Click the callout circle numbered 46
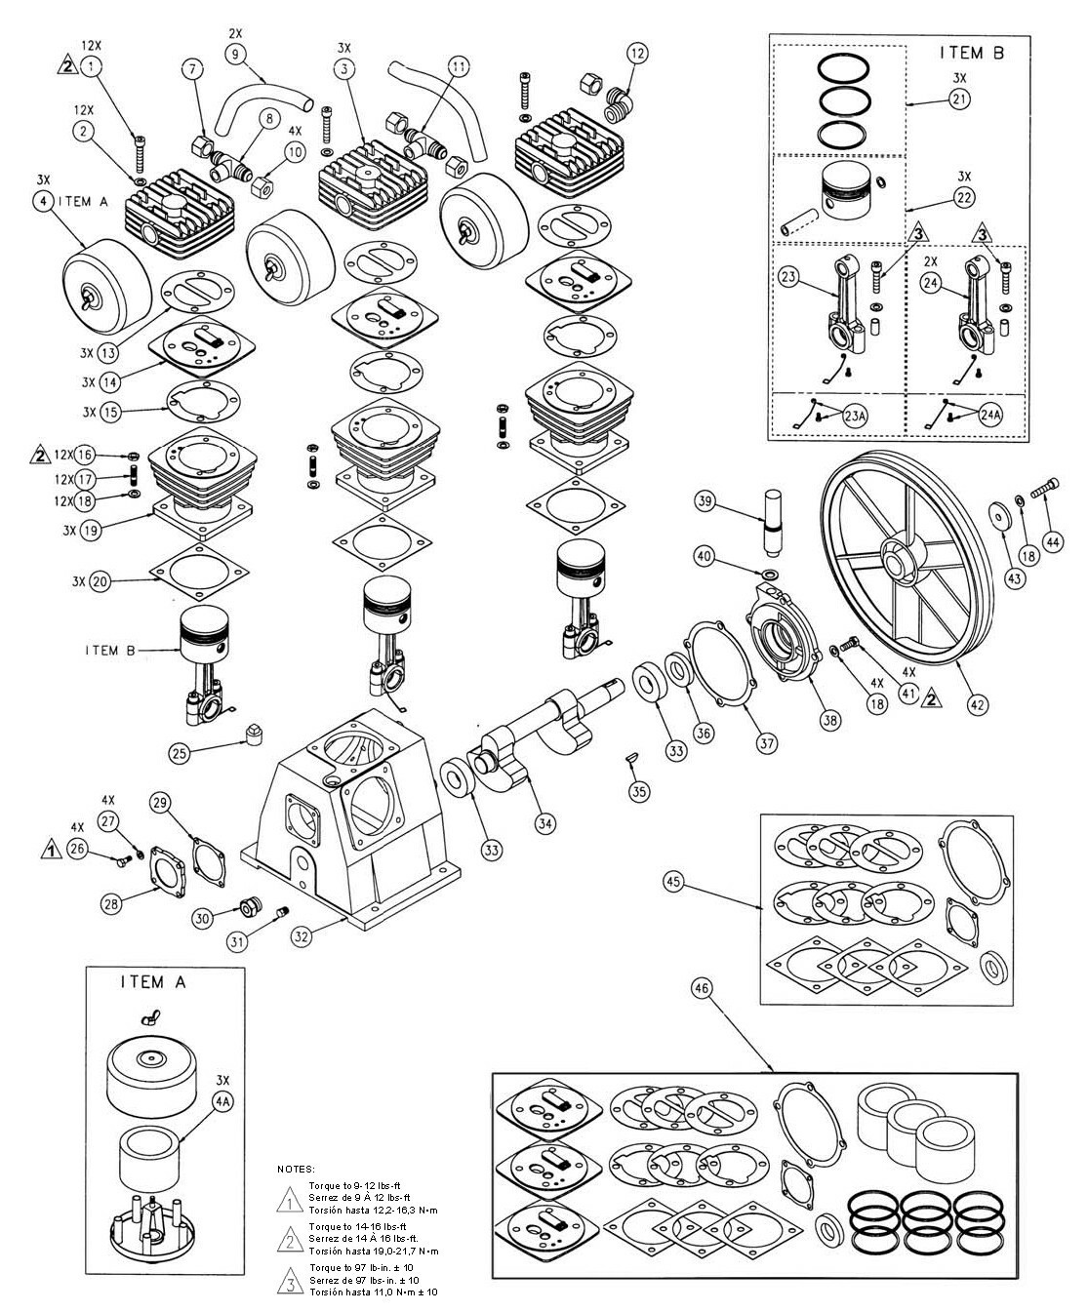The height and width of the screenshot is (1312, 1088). pos(704,988)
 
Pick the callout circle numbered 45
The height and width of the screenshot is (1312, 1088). pos(674,882)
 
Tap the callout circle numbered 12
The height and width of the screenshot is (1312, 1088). pos(636,54)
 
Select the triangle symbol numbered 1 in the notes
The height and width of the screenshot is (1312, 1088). pos(289,1197)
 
